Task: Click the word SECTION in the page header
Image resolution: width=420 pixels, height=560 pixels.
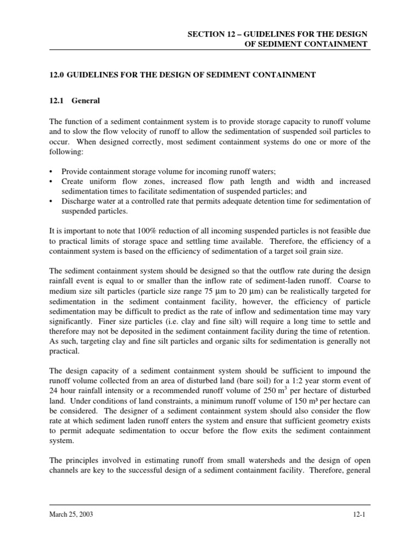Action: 205,34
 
